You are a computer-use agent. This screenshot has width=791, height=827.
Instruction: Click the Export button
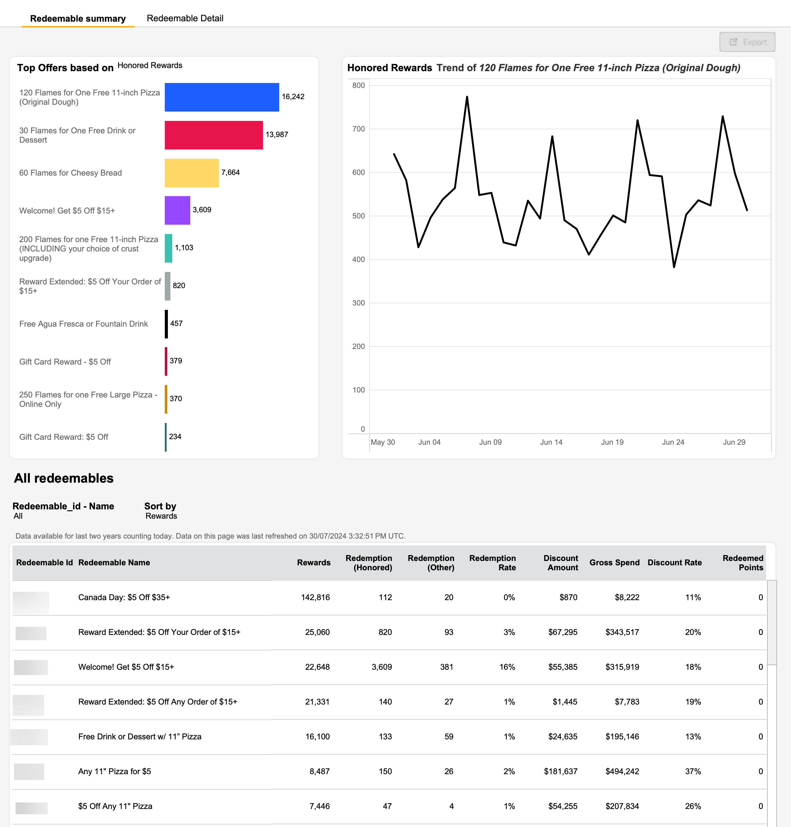click(x=747, y=42)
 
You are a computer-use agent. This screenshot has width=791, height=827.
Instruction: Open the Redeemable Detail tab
click(x=185, y=18)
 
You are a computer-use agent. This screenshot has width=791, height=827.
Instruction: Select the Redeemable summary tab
click(x=78, y=19)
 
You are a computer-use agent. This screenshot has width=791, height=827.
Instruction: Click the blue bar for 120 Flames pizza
click(x=222, y=97)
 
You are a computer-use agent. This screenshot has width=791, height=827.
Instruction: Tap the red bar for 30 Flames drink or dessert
click(x=214, y=135)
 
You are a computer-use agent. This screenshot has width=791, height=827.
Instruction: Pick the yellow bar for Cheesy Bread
click(x=192, y=173)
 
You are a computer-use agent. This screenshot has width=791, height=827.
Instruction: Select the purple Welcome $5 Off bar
click(x=178, y=210)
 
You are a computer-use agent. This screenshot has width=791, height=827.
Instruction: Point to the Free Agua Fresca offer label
click(x=84, y=324)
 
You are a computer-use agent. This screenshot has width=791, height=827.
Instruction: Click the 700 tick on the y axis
click(x=358, y=129)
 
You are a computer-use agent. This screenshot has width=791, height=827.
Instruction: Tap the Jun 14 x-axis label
click(x=551, y=442)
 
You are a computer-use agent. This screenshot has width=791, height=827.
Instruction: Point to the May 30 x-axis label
click(x=383, y=442)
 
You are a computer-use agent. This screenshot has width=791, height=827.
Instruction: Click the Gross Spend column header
click(x=614, y=563)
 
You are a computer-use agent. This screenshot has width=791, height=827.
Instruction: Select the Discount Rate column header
click(x=675, y=563)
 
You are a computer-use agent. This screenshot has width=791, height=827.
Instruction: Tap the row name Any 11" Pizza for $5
click(x=115, y=771)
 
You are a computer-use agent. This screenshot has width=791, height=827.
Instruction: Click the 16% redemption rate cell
click(x=507, y=667)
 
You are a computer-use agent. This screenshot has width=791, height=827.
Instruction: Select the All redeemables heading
click(x=64, y=478)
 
